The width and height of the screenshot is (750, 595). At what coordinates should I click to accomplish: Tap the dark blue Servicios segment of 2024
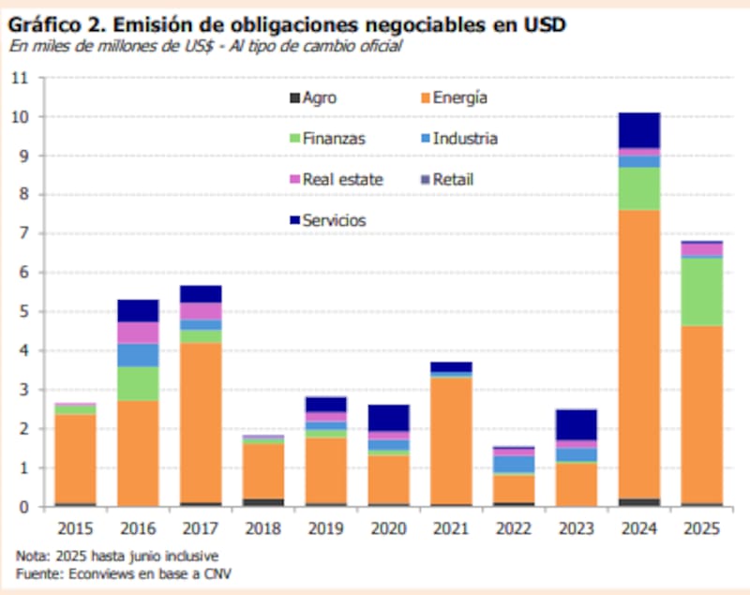click(x=637, y=130)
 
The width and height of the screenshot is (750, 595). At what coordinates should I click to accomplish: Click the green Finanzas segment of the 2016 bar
click(x=137, y=383)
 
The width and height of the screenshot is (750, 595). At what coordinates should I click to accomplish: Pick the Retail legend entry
click(x=452, y=179)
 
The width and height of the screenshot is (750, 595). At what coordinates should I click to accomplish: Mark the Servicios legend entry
click(x=333, y=220)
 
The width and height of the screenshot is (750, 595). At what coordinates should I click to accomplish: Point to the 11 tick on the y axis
click(x=20, y=78)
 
